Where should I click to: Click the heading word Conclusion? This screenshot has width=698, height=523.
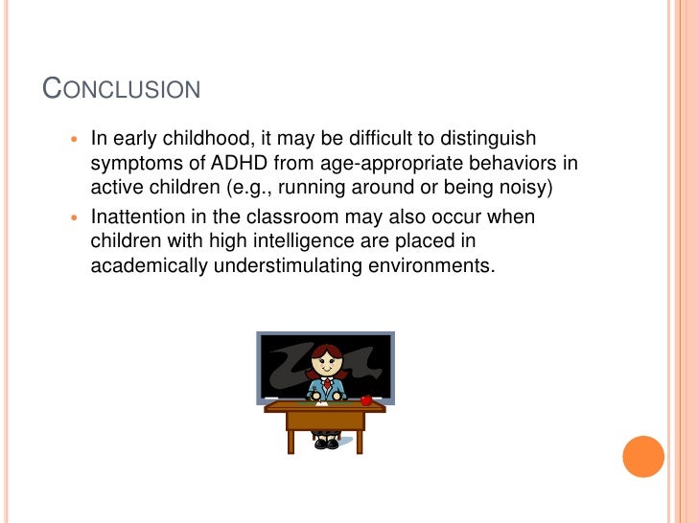click(122, 89)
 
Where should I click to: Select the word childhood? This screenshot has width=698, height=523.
click(204, 139)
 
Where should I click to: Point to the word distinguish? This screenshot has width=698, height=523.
click(489, 139)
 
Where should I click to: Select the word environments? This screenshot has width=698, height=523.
click(433, 264)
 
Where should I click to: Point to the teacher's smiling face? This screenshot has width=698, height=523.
click(326, 364)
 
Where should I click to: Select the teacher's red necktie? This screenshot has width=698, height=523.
click(326, 386)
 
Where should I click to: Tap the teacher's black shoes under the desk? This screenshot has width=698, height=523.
click(326, 443)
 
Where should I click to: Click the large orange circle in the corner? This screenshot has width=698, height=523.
click(642, 456)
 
